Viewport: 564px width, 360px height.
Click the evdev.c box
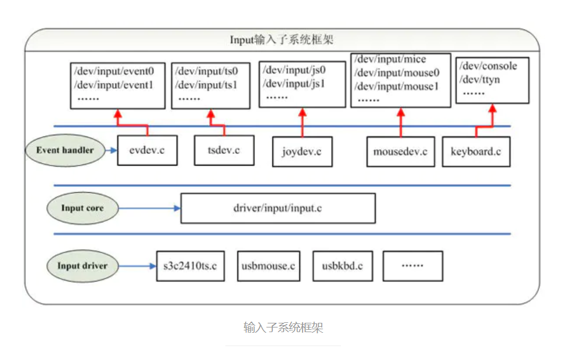pyautogui.click(x=147, y=150)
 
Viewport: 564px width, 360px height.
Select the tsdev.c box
pyautogui.click(x=224, y=150)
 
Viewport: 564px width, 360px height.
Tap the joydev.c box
pyautogui.click(x=302, y=152)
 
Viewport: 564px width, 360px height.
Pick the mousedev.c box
pyautogui.click(x=400, y=152)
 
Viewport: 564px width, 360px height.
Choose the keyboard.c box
pyautogui.click(x=476, y=152)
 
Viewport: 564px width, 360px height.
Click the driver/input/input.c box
pyautogui.click(x=278, y=208)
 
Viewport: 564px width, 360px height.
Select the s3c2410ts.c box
pyautogui.click(x=190, y=266)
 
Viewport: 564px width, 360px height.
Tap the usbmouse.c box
pyautogui.click(x=268, y=266)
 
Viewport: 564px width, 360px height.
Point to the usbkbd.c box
pyautogui.click(x=342, y=266)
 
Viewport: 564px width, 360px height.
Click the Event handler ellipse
pyautogui.click(x=64, y=150)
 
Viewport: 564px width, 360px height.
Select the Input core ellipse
pyautogui.click(x=82, y=208)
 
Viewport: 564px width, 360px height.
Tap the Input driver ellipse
pyautogui.click(x=82, y=266)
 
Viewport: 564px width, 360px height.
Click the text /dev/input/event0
pyautogui.click(x=114, y=72)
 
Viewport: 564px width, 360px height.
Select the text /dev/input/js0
pyautogui.click(x=294, y=70)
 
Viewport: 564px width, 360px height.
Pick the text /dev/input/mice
pyautogui.click(x=390, y=60)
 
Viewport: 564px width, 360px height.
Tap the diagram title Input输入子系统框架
pyautogui.click(x=282, y=40)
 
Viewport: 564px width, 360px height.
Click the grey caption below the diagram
pyautogui.click(x=283, y=327)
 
